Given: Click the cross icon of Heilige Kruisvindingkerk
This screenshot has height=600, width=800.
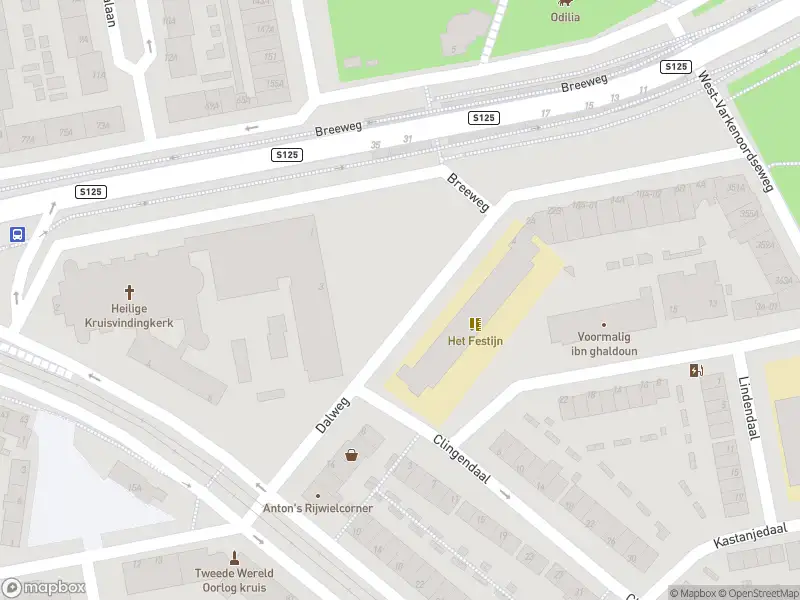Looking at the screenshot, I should [x=129, y=292].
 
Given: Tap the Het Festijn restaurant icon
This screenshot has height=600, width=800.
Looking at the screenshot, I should [x=475, y=324].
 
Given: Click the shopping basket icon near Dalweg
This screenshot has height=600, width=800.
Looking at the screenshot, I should [x=352, y=455].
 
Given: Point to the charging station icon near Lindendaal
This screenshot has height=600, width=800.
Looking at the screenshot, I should [x=696, y=371].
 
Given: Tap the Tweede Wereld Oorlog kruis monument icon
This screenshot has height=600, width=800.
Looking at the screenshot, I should [x=235, y=558].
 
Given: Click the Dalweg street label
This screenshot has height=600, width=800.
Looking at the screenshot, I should [x=333, y=414].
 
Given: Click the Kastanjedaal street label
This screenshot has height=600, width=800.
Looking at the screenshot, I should [x=750, y=535].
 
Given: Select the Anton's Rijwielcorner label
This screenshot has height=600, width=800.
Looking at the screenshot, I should [x=318, y=508].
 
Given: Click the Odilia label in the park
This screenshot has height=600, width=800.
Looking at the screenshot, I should [x=567, y=17].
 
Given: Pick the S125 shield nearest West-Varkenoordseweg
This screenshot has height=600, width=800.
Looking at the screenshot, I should [x=676, y=67].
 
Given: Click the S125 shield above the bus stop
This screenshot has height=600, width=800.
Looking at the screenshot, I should [x=91, y=191].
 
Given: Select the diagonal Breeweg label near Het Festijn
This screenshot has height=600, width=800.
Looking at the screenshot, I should [x=469, y=192].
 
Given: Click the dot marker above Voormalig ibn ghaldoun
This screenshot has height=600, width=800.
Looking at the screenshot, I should [x=603, y=325].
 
